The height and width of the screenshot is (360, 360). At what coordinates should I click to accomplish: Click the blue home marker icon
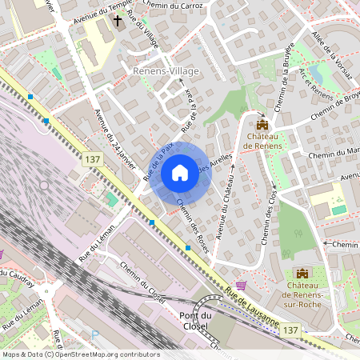[180, 173]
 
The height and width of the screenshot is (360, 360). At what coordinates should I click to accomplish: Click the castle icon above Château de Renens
[262, 124]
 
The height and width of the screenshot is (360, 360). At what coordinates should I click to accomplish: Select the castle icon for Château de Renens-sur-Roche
[302, 274]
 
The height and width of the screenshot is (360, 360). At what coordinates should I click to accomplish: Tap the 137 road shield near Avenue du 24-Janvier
[90, 161]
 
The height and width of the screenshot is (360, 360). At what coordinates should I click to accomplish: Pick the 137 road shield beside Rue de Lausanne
[292, 330]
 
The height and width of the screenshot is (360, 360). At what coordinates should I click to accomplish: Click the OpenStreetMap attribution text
[81, 354]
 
